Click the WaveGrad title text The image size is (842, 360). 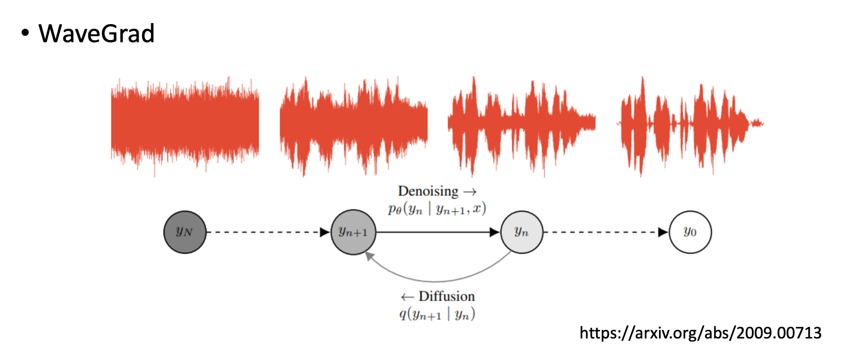tap(96, 34)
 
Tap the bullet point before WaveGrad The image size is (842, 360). tap(26, 33)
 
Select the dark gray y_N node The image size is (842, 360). tap(185, 232)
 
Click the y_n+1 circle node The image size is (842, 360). tap(353, 232)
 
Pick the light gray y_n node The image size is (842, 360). tap(521, 232)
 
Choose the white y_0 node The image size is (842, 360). tap(690, 232)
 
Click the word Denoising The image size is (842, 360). tap(428, 191)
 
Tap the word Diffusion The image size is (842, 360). tap(446, 296)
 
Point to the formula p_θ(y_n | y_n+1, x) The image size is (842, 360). tap(436, 209)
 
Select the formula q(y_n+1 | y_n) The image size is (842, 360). tap(436, 314)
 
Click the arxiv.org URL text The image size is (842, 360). tap(700, 333)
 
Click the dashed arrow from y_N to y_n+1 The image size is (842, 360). tap(267, 232)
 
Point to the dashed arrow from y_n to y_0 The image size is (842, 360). tap(605, 232)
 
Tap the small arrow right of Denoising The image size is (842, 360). tap(470, 192)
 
